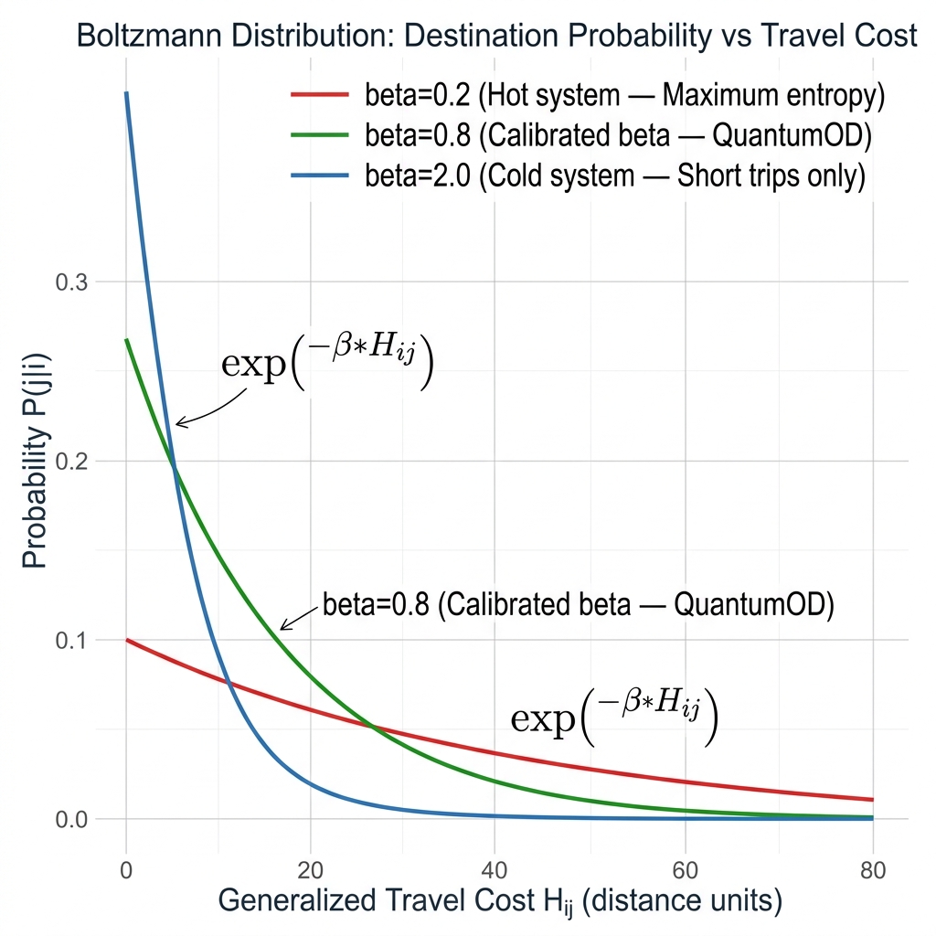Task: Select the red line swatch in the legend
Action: (319, 95)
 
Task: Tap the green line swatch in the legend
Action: (319, 135)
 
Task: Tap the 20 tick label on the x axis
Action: (311, 869)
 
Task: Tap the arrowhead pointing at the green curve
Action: (282, 629)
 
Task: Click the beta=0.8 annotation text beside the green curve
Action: (578, 606)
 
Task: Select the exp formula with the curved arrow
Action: (327, 363)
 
